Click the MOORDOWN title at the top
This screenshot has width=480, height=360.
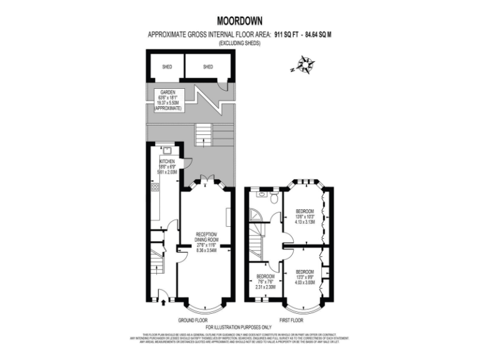click(x=239, y=20)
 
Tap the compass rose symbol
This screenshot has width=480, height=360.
click(x=304, y=64)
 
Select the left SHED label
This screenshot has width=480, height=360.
click(x=167, y=67)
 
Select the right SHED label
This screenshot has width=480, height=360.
click(x=207, y=67)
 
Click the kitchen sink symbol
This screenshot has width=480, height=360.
click(x=168, y=149)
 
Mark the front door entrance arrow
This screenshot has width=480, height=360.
click(x=164, y=303)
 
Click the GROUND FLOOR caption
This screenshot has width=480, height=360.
click(x=193, y=320)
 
